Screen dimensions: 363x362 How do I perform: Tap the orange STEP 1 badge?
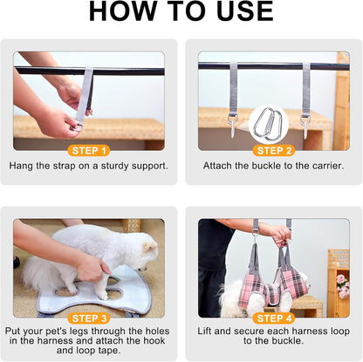click(x=89, y=151)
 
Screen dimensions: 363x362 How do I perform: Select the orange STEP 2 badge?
click(x=274, y=151)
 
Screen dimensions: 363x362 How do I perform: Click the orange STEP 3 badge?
click(x=89, y=318)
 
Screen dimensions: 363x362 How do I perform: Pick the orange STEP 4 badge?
click(x=274, y=318)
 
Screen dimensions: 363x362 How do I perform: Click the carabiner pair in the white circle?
click(x=268, y=124)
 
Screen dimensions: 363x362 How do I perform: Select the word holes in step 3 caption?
click(x=157, y=331)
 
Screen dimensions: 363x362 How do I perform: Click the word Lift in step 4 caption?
click(x=204, y=331)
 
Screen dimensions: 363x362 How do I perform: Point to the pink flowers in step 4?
click(x=343, y=286)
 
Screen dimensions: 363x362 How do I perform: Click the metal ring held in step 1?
click(x=76, y=127)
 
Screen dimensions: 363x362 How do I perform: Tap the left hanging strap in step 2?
click(x=233, y=99)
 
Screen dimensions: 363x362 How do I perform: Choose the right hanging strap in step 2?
click(x=305, y=99)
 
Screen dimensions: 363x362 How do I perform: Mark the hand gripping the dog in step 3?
click(x=93, y=268)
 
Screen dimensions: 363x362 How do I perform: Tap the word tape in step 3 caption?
click(x=109, y=351)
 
